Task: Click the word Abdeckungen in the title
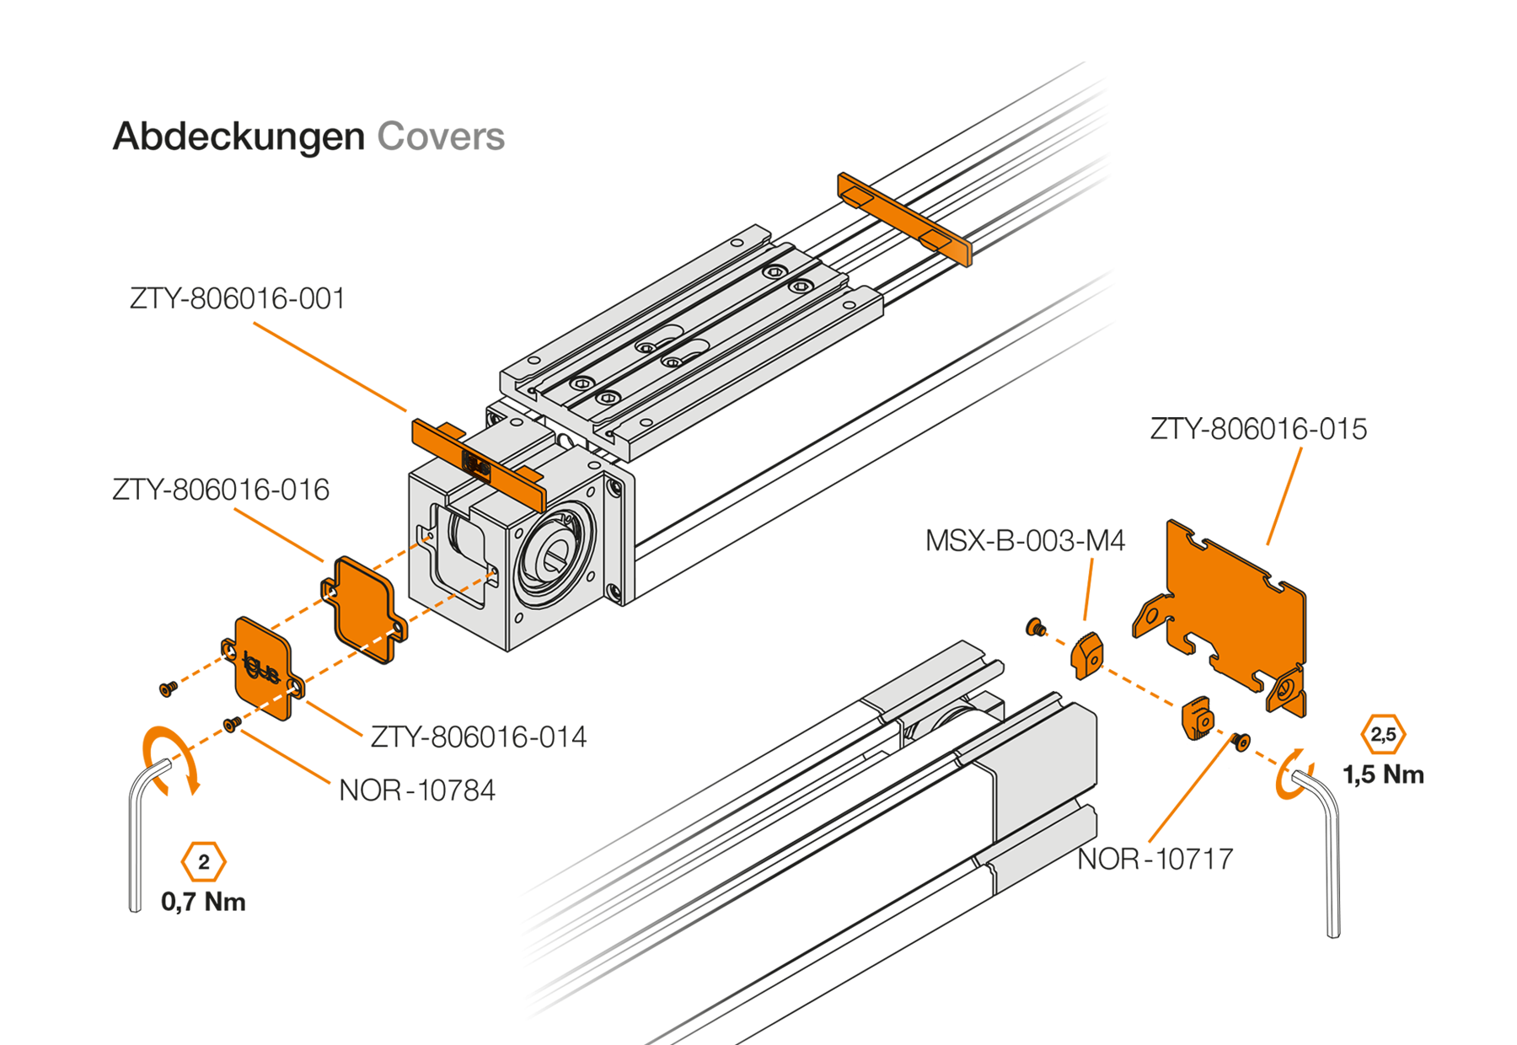click(239, 137)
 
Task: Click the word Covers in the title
click(441, 137)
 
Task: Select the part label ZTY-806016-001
click(238, 299)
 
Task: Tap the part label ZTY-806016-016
click(221, 490)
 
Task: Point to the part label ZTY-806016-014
click(479, 737)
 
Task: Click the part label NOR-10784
click(417, 790)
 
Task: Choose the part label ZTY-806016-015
click(1258, 430)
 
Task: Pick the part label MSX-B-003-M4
click(1025, 541)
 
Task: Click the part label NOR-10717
click(1155, 860)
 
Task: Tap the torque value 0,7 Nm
click(203, 903)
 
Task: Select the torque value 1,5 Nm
click(1383, 775)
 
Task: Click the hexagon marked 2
click(203, 862)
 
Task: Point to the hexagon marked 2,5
click(1383, 734)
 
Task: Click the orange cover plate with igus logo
click(263, 668)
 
